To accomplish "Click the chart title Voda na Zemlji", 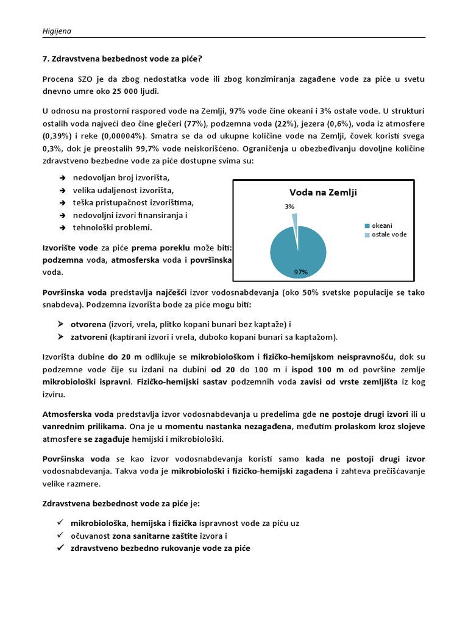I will click(x=323, y=193).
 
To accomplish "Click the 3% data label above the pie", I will click(x=289, y=207).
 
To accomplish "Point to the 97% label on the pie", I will click(x=300, y=272).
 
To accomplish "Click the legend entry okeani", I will click(x=381, y=225).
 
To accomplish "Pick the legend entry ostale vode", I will click(x=388, y=235).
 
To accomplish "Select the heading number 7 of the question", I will click(x=45, y=59).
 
